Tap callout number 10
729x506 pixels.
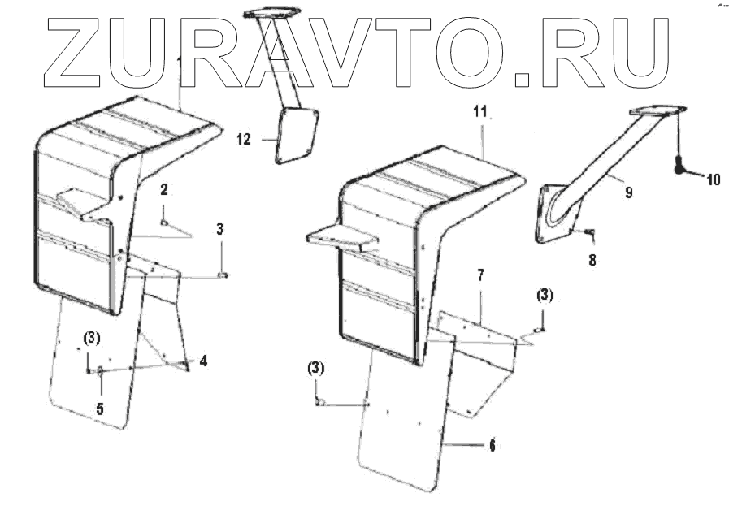[x=712, y=180]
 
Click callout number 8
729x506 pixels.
[x=591, y=262]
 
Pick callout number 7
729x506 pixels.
[x=480, y=277]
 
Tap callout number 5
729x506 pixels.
[x=99, y=409]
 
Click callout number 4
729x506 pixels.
[x=203, y=361]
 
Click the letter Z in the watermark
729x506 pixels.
[x=78, y=52]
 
